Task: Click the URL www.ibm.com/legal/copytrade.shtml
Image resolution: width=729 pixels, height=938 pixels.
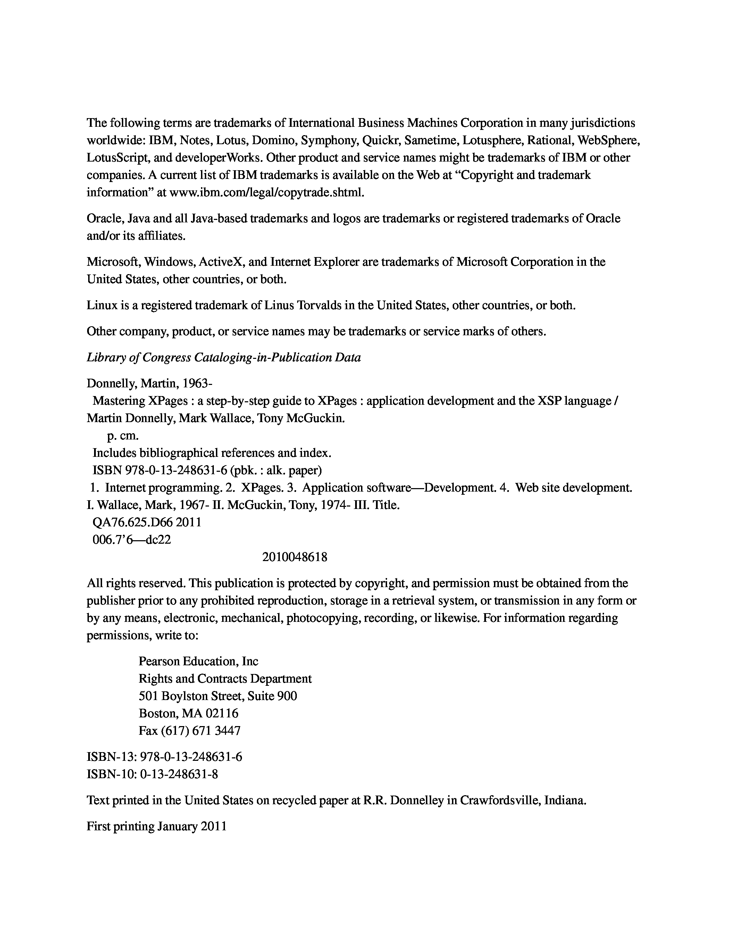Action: (x=267, y=192)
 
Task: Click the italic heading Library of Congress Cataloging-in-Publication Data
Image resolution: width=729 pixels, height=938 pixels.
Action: (x=224, y=357)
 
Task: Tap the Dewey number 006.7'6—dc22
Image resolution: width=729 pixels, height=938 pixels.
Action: (x=132, y=540)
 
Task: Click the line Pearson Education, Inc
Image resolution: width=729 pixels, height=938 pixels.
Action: (x=198, y=661)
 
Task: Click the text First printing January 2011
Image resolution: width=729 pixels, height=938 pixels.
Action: (x=157, y=826)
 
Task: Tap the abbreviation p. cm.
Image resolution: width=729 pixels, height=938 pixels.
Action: (x=123, y=436)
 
